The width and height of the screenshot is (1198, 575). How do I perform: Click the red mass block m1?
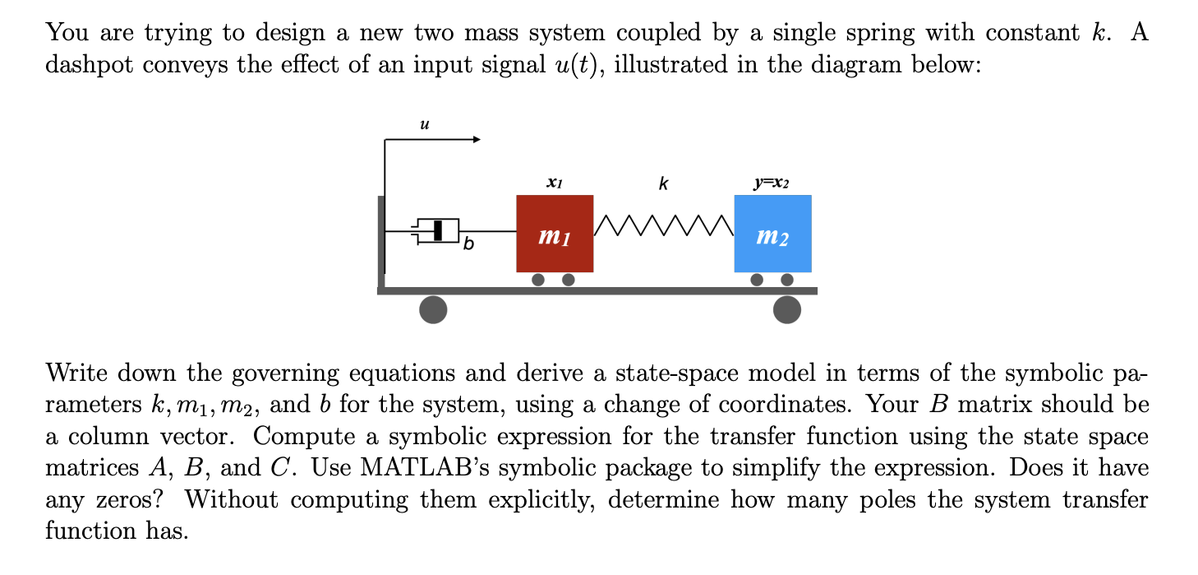click(x=555, y=234)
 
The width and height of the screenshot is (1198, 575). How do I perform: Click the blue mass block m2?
click(x=772, y=234)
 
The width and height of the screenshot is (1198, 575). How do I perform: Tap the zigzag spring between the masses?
click(x=663, y=223)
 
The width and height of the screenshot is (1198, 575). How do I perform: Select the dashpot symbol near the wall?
click(x=438, y=231)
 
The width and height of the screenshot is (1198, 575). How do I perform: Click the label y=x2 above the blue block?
click(x=772, y=183)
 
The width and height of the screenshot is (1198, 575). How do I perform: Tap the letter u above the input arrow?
click(x=423, y=125)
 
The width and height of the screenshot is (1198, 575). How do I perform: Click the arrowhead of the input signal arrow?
click(x=474, y=140)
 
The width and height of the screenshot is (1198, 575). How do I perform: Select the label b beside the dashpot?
click(x=468, y=244)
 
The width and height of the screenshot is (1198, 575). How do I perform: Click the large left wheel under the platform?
click(x=433, y=309)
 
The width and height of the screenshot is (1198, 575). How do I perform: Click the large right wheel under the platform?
click(x=787, y=309)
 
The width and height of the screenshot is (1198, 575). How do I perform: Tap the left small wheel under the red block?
click(x=538, y=280)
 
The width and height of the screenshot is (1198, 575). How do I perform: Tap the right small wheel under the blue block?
click(x=787, y=280)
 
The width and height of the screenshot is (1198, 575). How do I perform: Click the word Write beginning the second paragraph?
click(x=77, y=373)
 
